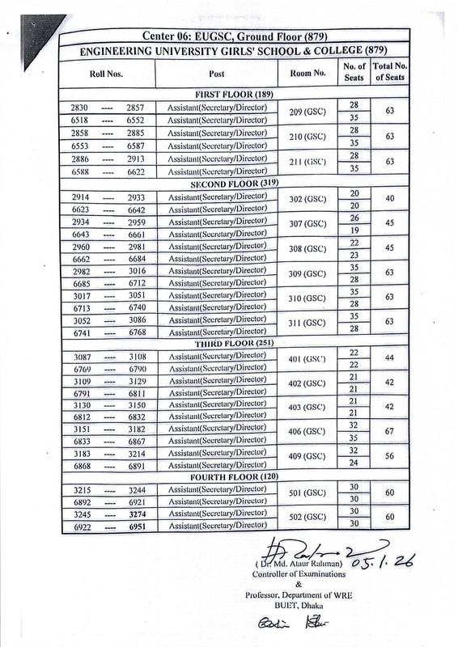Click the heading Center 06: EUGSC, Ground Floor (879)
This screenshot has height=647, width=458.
point(228,35)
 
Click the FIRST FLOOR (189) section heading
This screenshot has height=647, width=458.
point(228,94)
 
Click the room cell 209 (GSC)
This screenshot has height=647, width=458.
point(307,112)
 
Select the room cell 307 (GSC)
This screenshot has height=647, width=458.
point(307,223)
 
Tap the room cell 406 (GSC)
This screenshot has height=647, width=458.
point(307,433)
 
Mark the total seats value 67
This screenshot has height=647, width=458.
point(390,433)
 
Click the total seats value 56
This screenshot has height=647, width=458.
point(390,456)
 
